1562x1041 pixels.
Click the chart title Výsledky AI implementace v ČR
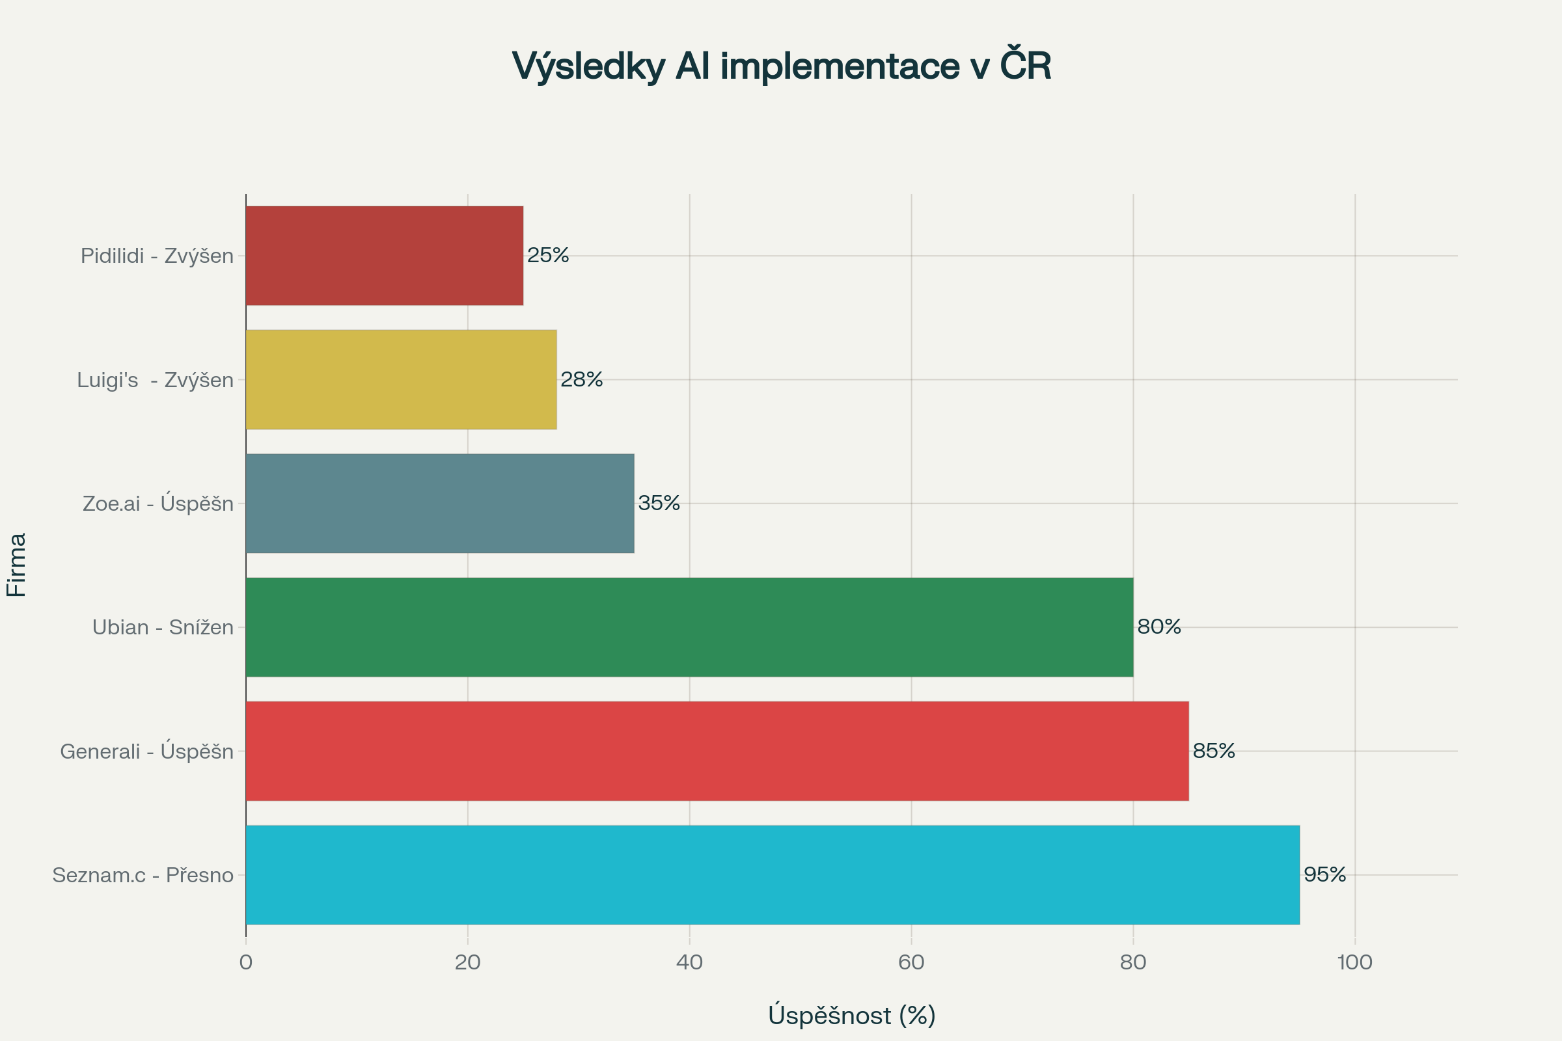[x=781, y=66]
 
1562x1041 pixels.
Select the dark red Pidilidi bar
[x=385, y=256]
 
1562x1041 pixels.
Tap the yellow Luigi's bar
[x=401, y=380]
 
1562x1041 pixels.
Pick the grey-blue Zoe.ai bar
[x=440, y=503]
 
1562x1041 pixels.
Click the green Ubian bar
[x=689, y=627]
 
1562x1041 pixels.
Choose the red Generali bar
[x=717, y=751]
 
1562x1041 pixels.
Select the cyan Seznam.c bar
[x=773, y=875]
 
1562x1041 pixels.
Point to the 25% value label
[x=548, y=255]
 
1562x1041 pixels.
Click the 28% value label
[x=582, y=379]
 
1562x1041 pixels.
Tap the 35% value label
[x=659, y=503]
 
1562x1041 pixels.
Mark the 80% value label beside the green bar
[x=1159, y=627]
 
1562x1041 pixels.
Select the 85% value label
[x=1214, y=751]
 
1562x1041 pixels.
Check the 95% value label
[x=1325, y=874]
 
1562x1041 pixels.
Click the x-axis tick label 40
[x=689, y=963]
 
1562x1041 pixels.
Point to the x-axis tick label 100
[x=1355, y=963]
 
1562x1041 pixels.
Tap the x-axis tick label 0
[x=246, y=963]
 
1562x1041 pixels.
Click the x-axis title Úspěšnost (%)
[x=851, y=1015]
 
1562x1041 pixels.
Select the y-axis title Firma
[x=17, y=564]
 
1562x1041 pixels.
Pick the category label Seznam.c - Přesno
[x=143, y=875]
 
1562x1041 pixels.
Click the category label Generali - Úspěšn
[x=147, y=751]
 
